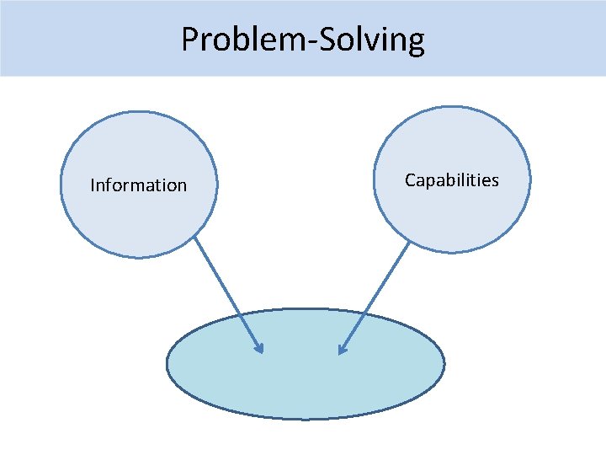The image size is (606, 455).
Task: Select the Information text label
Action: [138, 185]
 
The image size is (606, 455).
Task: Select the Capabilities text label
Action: [451, 179]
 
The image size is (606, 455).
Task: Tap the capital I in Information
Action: [93, 185]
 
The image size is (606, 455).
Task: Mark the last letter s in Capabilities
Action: [495, 180]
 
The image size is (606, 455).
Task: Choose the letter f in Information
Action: [109, 184]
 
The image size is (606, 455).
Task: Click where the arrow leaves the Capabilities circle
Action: [409, 242]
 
